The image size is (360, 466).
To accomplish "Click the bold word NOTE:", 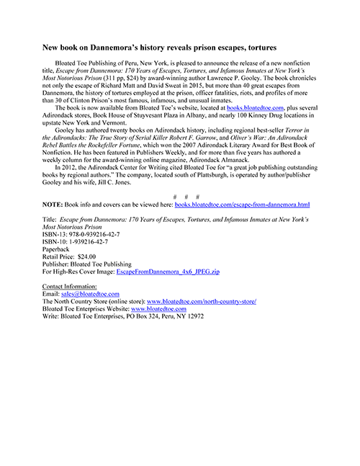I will [54, 205].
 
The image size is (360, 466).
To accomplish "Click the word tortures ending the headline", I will [258, 48].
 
